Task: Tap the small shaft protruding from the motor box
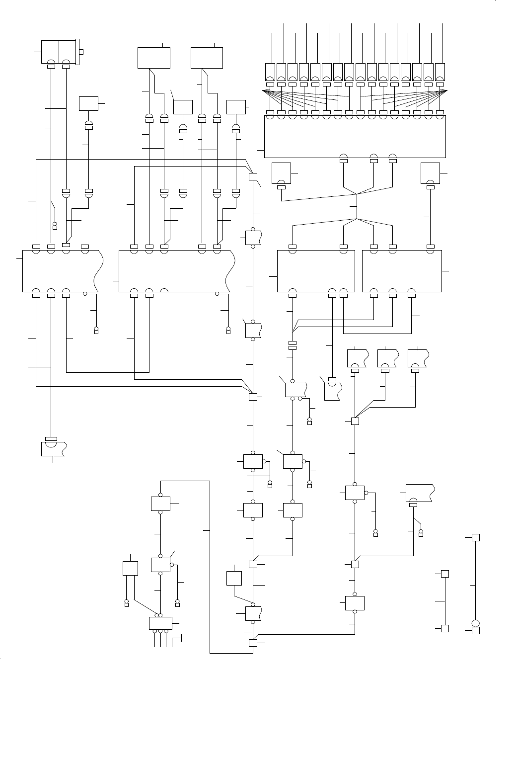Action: (x=81, y=51)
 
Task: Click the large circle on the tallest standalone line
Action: (x=475, y=623)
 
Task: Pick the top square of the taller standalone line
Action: (x=475, y=537)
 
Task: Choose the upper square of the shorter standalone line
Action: (x=445, y=574)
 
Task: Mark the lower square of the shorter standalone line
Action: (x=445, y=628)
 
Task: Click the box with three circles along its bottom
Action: (x=160, y=623)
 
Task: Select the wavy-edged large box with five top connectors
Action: (x=176, y=270)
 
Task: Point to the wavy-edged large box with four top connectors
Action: (x=62, y=270)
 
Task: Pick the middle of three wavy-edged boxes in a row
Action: (x=387, y=358)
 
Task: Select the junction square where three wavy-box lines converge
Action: (x=355, y=422)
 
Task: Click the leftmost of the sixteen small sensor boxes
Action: (x=270, y=72)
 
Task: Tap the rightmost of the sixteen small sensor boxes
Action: (x=440, y=72)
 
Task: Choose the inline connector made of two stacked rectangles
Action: (x=293, y=345)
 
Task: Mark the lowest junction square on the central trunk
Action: (x=252, y=643)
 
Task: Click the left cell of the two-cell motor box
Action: (x=50, y=51)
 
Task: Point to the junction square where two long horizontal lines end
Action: (x=252, y=396)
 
